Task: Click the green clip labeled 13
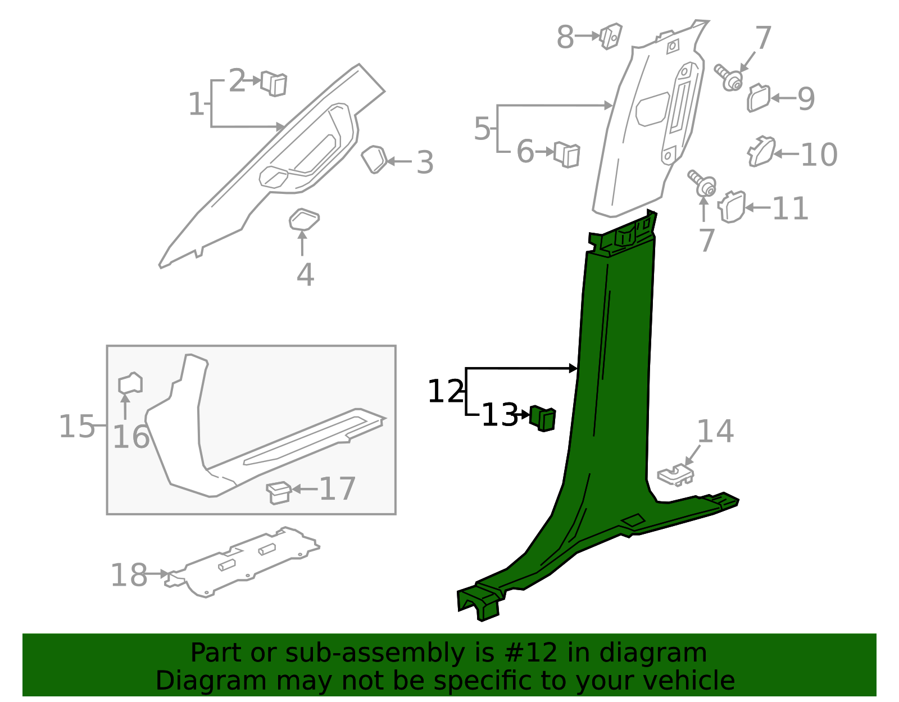point(543,418)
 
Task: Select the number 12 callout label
point(446,391)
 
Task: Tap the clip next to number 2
point(274,84)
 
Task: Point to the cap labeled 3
point(374,158)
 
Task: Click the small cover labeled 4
point(304,219)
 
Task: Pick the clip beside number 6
point(567,153)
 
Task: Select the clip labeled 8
point(610,35)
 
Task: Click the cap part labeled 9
point(758,98)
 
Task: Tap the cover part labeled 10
point(761,151)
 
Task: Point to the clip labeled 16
point(130,384)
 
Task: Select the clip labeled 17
point(279,492)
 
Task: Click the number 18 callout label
point(129,575)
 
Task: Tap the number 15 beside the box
point(77,426)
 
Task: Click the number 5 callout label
point(482,129)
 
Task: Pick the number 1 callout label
point(196,104)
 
